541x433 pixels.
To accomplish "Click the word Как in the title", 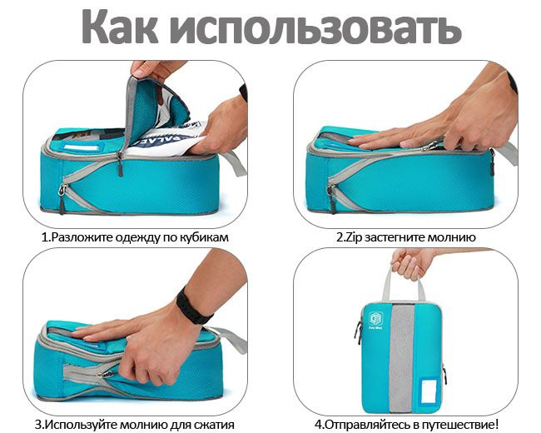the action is (120, 27).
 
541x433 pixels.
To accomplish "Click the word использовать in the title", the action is (315, 27).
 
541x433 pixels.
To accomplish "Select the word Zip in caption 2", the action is (354, 238).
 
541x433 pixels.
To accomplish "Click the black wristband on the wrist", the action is (193, 306).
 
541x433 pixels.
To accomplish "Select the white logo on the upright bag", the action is (375, 318).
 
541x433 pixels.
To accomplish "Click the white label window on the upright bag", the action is (429, 391).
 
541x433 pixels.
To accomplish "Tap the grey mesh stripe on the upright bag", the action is (401, 358).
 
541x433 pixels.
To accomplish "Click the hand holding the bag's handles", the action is (410, 263).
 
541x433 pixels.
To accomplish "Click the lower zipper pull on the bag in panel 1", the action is (62, 198).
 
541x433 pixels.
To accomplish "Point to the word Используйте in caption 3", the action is (78, 425).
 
